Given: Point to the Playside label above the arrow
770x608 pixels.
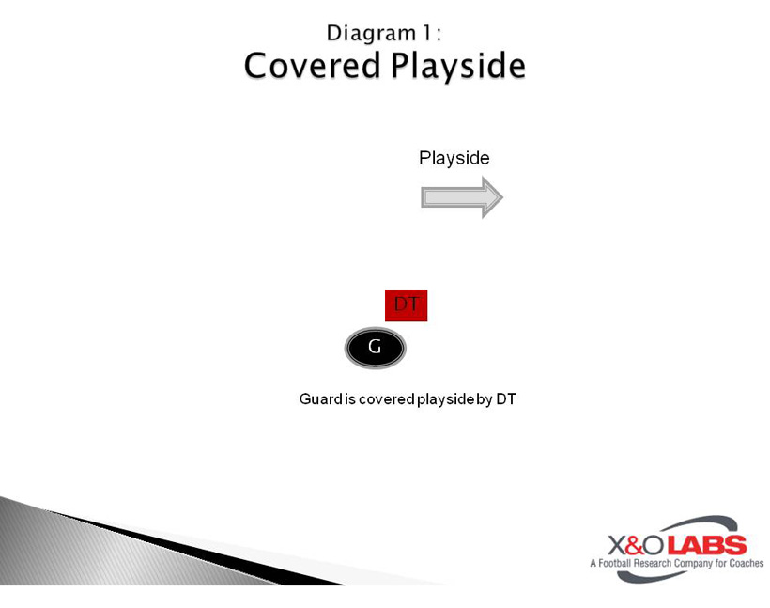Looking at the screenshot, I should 454,158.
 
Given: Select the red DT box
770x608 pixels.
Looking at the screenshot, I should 407,305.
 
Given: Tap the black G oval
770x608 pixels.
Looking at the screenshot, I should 375,349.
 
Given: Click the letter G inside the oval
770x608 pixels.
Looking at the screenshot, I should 375,348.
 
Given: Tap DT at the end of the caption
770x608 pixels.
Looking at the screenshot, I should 506,399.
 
